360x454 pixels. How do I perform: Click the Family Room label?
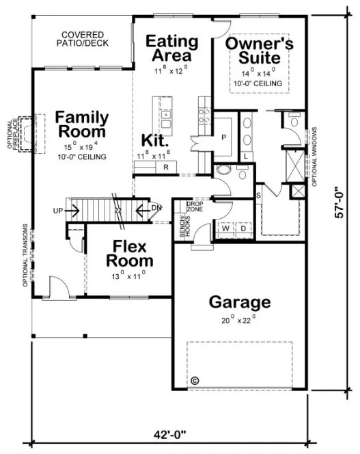(81, 124)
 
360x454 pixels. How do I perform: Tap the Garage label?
(239, 302)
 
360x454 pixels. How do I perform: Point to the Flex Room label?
(128, 254)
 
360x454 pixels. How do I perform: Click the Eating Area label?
(172, 48)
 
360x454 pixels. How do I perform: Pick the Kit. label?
(154, 140)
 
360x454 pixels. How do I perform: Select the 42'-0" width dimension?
(169, 433)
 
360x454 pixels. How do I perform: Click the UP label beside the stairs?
(58, 210)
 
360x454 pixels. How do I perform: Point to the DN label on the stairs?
(157, 208)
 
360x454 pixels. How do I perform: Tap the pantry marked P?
(223, 137)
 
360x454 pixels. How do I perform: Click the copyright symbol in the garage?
(193, 380)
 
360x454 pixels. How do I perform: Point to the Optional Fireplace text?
(14, 134)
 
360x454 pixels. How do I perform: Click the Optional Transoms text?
(25, 254)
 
